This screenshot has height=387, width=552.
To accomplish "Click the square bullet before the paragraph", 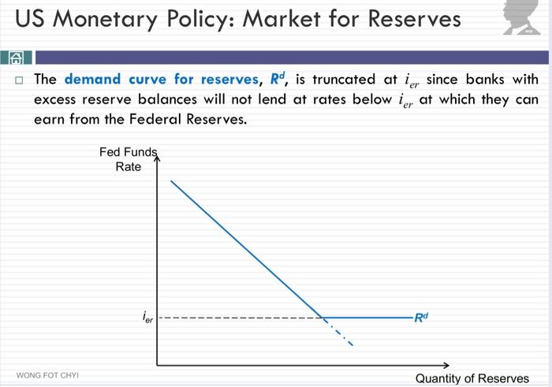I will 19,80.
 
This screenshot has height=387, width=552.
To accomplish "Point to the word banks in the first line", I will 490,80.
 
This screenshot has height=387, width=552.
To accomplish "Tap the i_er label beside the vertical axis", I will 148,318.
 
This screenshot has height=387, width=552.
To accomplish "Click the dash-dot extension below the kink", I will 339,333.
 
